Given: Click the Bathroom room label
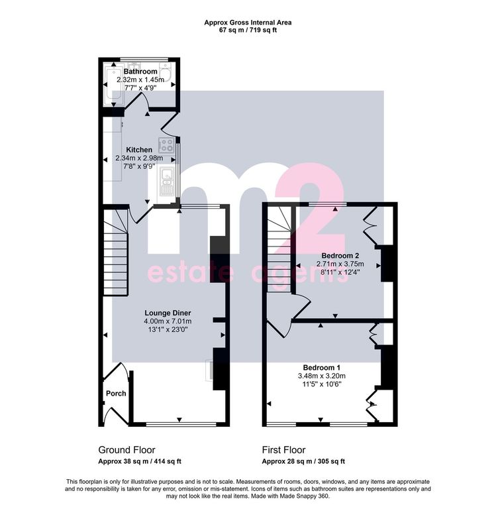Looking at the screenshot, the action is [x=140, y=72].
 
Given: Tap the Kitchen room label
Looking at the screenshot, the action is [x=139, y=150].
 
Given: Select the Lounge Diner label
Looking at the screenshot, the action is [x=168, y=313].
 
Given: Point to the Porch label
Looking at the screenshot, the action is [x=116, y=394].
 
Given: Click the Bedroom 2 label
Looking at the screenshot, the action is [x=340, y=256].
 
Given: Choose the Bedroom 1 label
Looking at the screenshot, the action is [x=321, y=367].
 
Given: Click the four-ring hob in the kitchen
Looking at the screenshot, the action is [x=166, y=145].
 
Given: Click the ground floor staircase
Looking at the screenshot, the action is [x=115, y=253].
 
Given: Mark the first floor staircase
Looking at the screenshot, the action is [x=279, y=250].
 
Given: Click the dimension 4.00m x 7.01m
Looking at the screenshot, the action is [x=168, y=321].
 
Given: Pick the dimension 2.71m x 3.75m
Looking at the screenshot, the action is [x=340, y=264].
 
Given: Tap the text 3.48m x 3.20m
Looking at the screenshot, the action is [x=321, y=376].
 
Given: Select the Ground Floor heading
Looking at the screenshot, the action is [x=127, y=450].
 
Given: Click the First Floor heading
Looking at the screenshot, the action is [x=284, y=450].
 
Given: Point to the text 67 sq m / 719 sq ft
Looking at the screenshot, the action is [x=248, y=30].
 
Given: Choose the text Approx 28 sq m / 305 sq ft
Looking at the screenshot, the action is [x=303, y=461].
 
